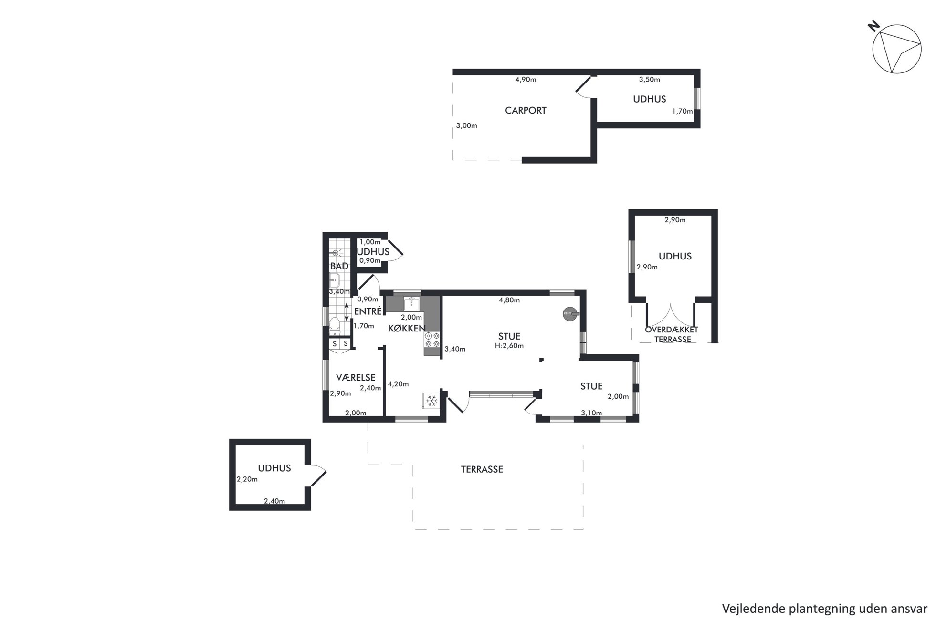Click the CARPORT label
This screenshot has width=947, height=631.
pos(526,110)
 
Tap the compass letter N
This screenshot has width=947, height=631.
pos(873,26)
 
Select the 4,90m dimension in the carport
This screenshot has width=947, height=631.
pos(526,80)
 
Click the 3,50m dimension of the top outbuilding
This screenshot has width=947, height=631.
pos(650,80)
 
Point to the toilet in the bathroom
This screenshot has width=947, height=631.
pos(335,324)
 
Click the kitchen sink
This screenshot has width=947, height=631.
pos(411,303)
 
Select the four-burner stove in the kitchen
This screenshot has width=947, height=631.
pos(432,340)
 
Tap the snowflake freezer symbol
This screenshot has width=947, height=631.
pos(431,401)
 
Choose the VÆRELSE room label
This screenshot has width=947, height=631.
pos(356,377)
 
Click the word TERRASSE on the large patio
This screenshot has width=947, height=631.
pos(482,469)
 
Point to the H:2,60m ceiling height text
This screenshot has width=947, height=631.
pos(509,346)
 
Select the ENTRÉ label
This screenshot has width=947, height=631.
pos(368,311)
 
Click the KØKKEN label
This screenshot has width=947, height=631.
pos(407,328)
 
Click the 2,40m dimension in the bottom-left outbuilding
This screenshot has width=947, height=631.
pos(274,501)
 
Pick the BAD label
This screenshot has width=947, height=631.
pos(339,266)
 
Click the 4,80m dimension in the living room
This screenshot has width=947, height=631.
pos(509,300)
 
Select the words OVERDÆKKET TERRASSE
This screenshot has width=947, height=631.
pos(672,334)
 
